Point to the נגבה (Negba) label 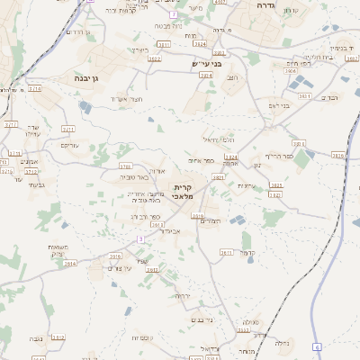[x=37, y=337]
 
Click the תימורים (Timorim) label [x=209, y=220]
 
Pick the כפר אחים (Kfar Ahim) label [x=202, y=160]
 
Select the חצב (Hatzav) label [x=233, y=78]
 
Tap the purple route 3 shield [x=140, y=238]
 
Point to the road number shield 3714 [x=34, y=89]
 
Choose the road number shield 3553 [x=304, y=96]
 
